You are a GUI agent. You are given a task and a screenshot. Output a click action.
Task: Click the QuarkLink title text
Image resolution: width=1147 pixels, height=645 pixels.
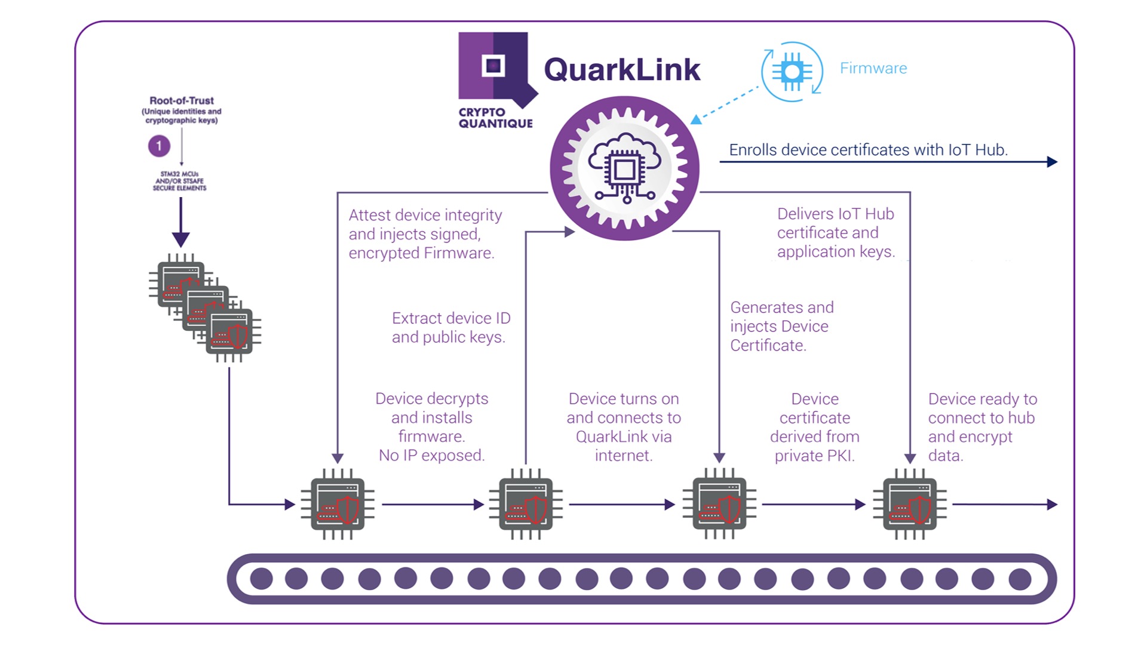(x=621, y=70)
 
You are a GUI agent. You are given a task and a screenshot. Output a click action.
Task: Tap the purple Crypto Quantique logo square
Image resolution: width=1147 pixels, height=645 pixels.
(x=493, y=66)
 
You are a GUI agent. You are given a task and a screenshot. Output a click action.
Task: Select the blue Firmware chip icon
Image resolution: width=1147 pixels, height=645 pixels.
(x=792, y=72)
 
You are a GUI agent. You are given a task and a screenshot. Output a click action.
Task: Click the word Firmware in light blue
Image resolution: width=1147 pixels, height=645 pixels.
(x=873, y=68)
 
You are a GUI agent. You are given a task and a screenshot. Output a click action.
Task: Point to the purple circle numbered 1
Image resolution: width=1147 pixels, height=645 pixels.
(x=159, y=146)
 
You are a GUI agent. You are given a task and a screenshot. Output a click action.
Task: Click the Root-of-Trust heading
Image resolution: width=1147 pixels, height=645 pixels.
(x=182, y=101)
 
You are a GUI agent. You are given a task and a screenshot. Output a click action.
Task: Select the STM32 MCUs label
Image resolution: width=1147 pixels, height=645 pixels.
(x=179, y=181)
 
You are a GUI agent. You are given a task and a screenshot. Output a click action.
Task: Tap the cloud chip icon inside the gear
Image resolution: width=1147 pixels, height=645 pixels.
(x=624, y=168)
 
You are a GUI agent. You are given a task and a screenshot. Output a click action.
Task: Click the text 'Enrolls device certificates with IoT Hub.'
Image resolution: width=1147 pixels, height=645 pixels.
(x=868, y=150)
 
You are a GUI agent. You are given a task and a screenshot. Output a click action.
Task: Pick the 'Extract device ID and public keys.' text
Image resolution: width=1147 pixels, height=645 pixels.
(x=450, y=328)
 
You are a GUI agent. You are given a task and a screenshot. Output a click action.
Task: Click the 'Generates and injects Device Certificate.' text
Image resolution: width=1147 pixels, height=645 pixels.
(x=781, y=327)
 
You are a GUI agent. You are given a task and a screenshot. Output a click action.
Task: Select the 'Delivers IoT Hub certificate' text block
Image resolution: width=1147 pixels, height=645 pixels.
(x=835, y=233)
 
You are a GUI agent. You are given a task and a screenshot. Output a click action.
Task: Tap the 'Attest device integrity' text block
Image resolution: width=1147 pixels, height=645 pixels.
(x=425, y=234)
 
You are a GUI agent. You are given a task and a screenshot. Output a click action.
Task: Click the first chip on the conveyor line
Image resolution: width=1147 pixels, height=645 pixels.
(x=338, y=504)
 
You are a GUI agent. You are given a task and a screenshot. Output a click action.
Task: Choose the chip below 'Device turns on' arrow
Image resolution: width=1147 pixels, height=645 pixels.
(x=526, y=504)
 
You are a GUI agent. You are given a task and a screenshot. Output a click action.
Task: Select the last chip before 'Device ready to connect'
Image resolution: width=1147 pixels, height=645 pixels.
(x=910, y=504)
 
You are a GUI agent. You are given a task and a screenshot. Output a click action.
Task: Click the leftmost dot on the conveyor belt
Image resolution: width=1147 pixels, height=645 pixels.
(x=262, y=579)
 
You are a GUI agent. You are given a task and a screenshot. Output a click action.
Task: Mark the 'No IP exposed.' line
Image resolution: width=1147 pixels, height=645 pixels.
(x=431, y=456)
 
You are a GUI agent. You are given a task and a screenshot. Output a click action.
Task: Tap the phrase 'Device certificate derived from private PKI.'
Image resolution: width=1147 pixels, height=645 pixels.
(x=814, y=428)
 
